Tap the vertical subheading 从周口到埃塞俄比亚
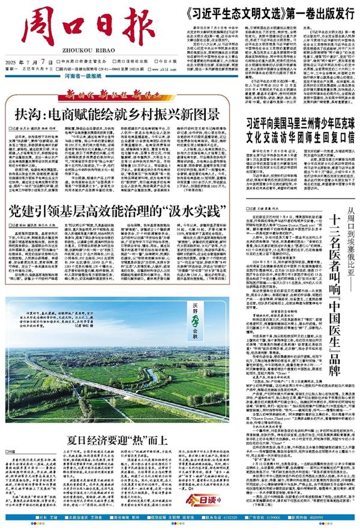(350, 211)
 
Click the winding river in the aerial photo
(120, 384)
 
